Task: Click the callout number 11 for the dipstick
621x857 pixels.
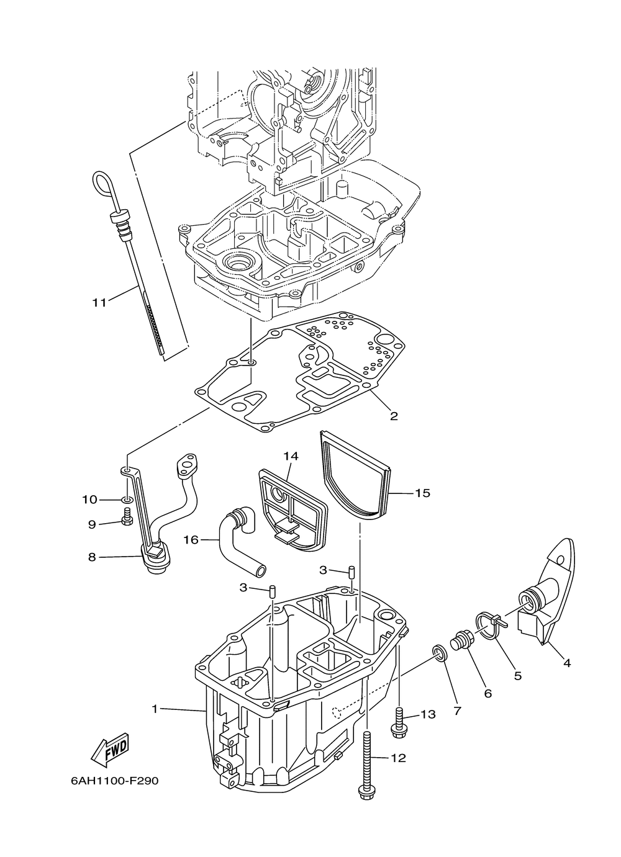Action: point(99,302)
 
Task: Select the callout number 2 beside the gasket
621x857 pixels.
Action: point(394,415)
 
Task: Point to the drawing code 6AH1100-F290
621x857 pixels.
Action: point(114,780)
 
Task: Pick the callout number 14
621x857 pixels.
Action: point(291,456)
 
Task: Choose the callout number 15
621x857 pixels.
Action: point(422,493)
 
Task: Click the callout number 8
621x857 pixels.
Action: point(92,557)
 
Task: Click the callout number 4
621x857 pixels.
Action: point(566,663)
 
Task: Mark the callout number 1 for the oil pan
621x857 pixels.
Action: point(155,707)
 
